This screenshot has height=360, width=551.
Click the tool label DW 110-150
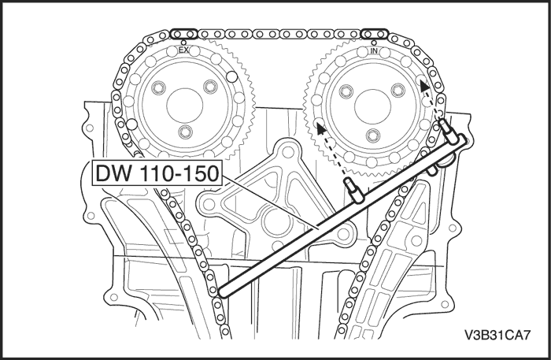[x=154, y=174]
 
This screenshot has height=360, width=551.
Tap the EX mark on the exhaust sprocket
[x=184, y=50]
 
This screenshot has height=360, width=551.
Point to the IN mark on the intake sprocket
[x=375, y=50]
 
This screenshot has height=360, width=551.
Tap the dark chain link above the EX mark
[x=184, y=34]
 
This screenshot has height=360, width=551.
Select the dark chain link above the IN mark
[x=375, y=34]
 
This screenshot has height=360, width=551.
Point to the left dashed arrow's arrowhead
[x=320, y=125]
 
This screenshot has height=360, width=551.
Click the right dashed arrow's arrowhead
[x=425, y=84]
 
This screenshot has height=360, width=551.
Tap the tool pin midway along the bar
[x=351, y=190]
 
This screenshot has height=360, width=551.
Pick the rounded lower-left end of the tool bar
[x=223, y=292]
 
